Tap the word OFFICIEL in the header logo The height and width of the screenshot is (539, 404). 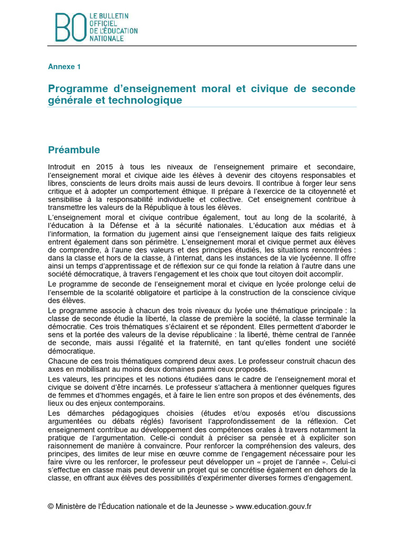coord(102,24)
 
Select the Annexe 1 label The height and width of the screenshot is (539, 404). coord(64,66)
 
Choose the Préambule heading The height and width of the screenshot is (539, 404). coord(74,150)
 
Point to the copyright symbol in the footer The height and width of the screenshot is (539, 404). coord(50,506)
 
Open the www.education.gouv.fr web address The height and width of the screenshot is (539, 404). coord(274,506)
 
